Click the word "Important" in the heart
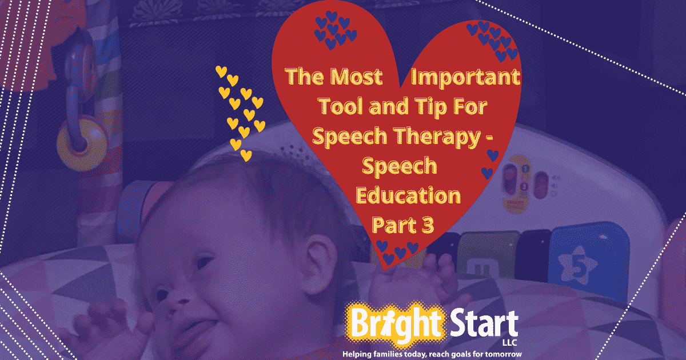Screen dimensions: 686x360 465,77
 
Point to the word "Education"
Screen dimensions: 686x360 408,195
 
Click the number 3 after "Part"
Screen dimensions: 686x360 428,225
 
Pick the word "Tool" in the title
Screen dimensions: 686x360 341,106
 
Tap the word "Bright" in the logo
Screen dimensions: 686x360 397,324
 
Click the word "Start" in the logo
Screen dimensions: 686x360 484,324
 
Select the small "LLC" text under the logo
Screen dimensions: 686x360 509,342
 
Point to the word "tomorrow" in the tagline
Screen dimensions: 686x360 502,354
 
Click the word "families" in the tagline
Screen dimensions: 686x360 384,354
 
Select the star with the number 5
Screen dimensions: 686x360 577,265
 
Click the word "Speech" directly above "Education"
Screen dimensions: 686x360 400,166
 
